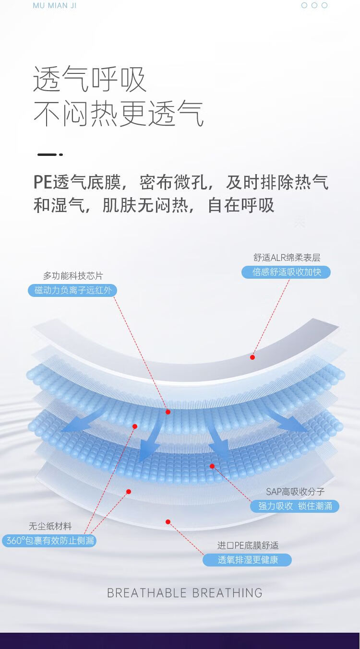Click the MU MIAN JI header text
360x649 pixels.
pos(55,6)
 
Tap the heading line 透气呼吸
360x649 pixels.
pos(90,79)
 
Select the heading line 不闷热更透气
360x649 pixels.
pos(119,114)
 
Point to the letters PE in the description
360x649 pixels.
pos(42,183)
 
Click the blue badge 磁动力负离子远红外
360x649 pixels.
pos(72,290)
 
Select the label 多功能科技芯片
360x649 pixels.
pos(73,276)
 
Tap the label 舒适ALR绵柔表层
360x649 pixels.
pos(287,258)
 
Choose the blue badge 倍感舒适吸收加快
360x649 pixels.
pos(286,272)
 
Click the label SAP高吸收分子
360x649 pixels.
pos(295,492)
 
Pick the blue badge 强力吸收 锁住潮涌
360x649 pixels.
pos(295,506)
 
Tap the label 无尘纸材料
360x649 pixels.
pos(50,526)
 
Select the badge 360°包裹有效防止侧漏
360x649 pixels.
pos(49,541)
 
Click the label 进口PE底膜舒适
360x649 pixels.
pos(248,545)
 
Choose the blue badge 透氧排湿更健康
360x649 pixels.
pos(247,560)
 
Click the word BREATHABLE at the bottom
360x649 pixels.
pos(147,593)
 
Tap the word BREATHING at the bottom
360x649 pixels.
pos(227,593)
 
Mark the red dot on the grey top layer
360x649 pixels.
pos(252,357)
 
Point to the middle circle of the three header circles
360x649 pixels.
pos(314,5)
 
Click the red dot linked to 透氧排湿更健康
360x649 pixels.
pos(168,522)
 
